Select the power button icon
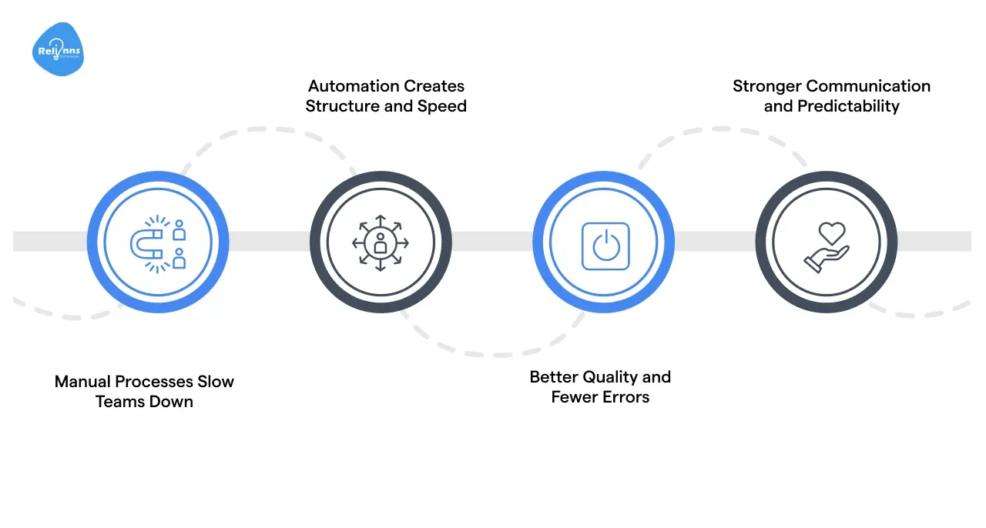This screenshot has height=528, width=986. (x=605, y=246)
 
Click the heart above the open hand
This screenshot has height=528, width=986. (x=832, y=232)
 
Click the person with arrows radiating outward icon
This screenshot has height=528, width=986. (x=381, y=243)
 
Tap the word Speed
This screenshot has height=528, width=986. (x=441, y=106)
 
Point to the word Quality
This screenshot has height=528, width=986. (x=610, y=377)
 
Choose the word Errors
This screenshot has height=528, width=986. (x=625, y=397)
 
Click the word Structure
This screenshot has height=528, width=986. (x=342, y=106)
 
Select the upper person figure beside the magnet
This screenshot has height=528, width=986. (x=179, y=229)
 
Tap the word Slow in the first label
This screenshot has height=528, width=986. (x=216, y=382)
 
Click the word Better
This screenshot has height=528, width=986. (x=554, y=377)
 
